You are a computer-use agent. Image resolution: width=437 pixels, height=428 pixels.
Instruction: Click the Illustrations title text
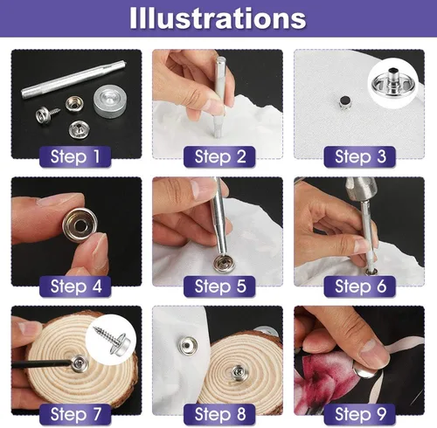(218, 18)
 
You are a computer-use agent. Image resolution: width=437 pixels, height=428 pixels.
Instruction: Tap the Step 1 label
(75, 156)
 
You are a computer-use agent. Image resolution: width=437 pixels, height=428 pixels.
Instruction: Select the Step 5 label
(220, 286)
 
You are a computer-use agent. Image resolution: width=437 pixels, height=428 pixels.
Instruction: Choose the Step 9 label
(360, 414)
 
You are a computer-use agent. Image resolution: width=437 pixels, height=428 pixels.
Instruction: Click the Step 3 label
(360, 156)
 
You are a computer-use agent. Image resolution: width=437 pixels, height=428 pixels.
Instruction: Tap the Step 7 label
(75, 414)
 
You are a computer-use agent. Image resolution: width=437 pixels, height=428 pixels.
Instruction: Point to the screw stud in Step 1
(47, 114)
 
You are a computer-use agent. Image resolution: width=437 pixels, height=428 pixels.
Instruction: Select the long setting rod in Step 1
(73, 79)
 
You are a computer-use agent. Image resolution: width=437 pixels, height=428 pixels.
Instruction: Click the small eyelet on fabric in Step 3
(345, 102)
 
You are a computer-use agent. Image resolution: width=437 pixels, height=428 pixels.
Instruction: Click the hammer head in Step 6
(360, 190)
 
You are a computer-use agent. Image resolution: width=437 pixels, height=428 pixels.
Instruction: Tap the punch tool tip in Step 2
(218, 134)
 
